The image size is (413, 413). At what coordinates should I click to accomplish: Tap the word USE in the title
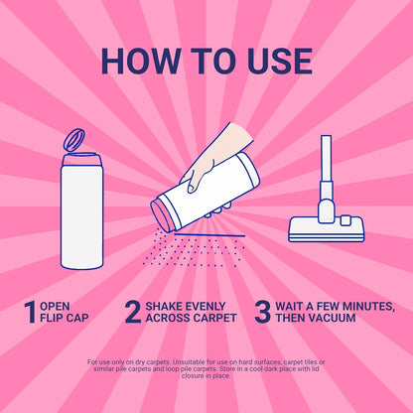(280, 62)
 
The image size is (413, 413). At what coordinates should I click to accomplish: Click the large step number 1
(31, 312)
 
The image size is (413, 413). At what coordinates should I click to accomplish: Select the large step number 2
(133, 312)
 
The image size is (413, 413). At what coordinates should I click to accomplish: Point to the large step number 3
(262, 312)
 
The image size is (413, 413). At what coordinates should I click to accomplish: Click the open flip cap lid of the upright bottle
(73, 140)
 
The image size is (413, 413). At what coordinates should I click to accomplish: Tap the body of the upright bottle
(81, 216)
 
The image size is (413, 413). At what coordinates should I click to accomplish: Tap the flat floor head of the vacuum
(327, 229)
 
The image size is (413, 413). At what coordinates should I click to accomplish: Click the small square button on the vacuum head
(345, 220)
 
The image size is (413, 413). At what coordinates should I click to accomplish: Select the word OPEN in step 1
(55, 306)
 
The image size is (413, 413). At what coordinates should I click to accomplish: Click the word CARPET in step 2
(214, 318)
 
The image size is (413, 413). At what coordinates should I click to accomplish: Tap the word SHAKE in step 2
(163, 306)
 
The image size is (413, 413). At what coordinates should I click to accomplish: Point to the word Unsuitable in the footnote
(188, 361)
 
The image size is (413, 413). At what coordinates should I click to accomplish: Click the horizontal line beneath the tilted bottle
(210, 235)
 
